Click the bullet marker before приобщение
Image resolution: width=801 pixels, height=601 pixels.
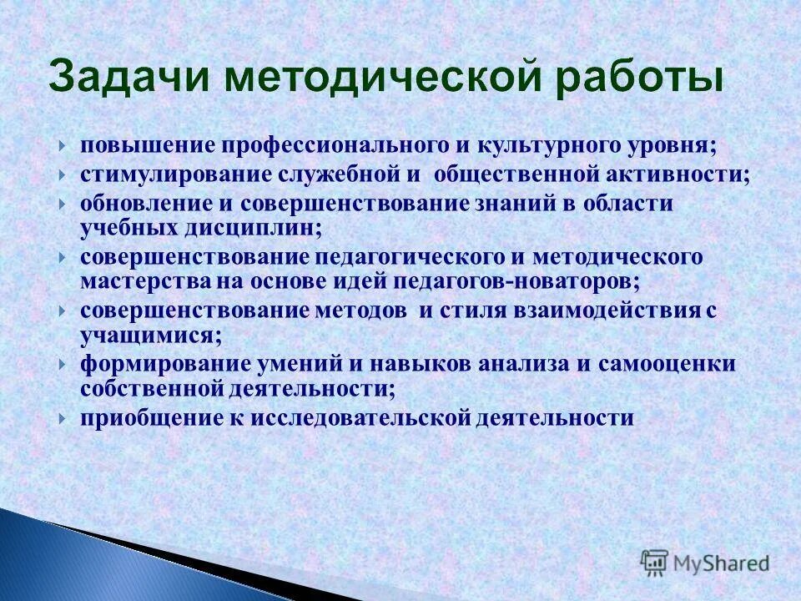(x=63, y=418)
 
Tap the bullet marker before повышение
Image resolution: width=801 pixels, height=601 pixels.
(x=63, y=146)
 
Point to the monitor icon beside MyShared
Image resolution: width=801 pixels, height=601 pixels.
(x=656, y=563)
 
